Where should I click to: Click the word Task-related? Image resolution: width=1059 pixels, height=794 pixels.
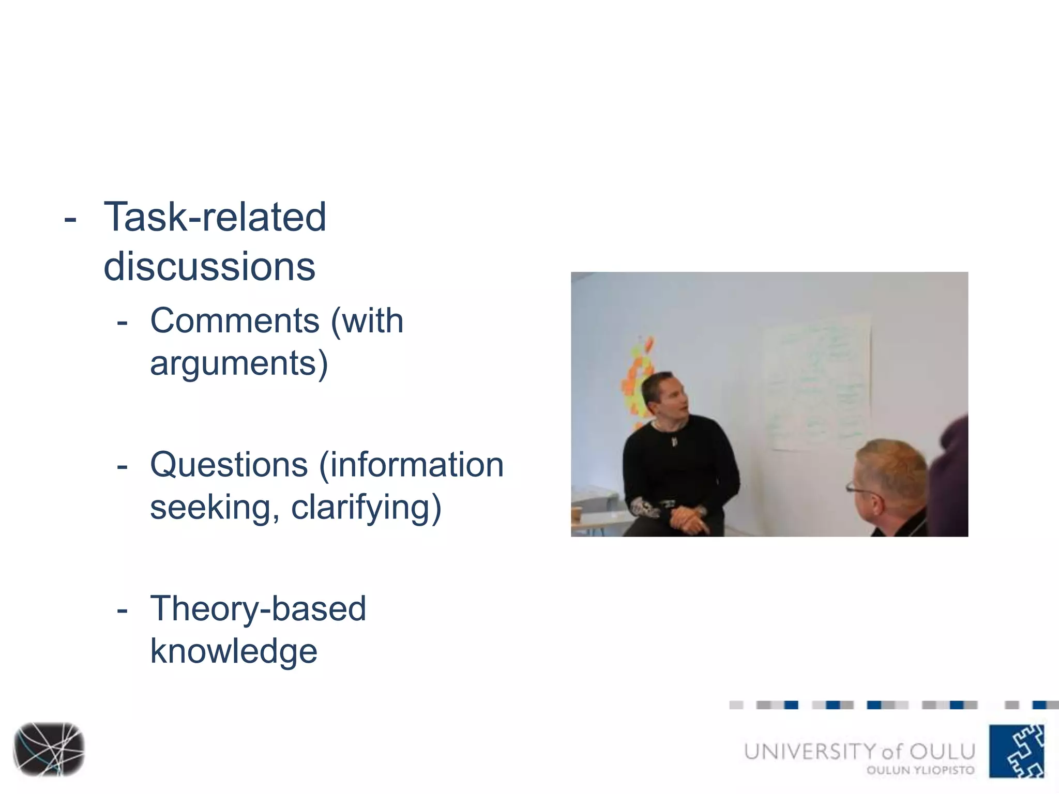pyautogui.click(x=215, y=217)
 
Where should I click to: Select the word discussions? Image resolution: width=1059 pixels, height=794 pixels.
pyautogui.click(x=209, y=267)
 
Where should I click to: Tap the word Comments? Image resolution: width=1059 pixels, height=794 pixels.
pyautogui.click(x=235, y=321)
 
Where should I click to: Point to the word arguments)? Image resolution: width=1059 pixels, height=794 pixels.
pyautogui.click(x=239, y=363)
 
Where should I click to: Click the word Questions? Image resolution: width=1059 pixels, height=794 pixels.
pyautogui.click(x=229, y=465)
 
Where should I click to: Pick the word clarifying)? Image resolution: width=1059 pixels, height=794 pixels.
pyautogui.click(x=366, y=508)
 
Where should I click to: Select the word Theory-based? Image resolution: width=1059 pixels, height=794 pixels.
pyautogui.click(x=258, y=608)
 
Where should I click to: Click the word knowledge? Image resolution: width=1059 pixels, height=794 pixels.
pyautogui.click(x=234, y=651)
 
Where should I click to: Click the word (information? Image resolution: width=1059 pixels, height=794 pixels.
pyautogui.click(x=411, y=465)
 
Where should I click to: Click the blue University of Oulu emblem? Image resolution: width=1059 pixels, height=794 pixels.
pyautogui.click(x=1017, y=751)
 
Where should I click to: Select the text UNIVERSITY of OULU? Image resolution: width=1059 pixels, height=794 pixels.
pyautogui.click(x=859, y=752)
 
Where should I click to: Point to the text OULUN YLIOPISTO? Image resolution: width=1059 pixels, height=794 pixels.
pyautogui.click(x=920, y=770)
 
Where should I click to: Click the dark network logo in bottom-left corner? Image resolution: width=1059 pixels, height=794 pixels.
pyautogui.click(x=49, y=749)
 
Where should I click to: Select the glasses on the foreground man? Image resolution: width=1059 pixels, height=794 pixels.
pyautogui.click(x=861, y=488)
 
